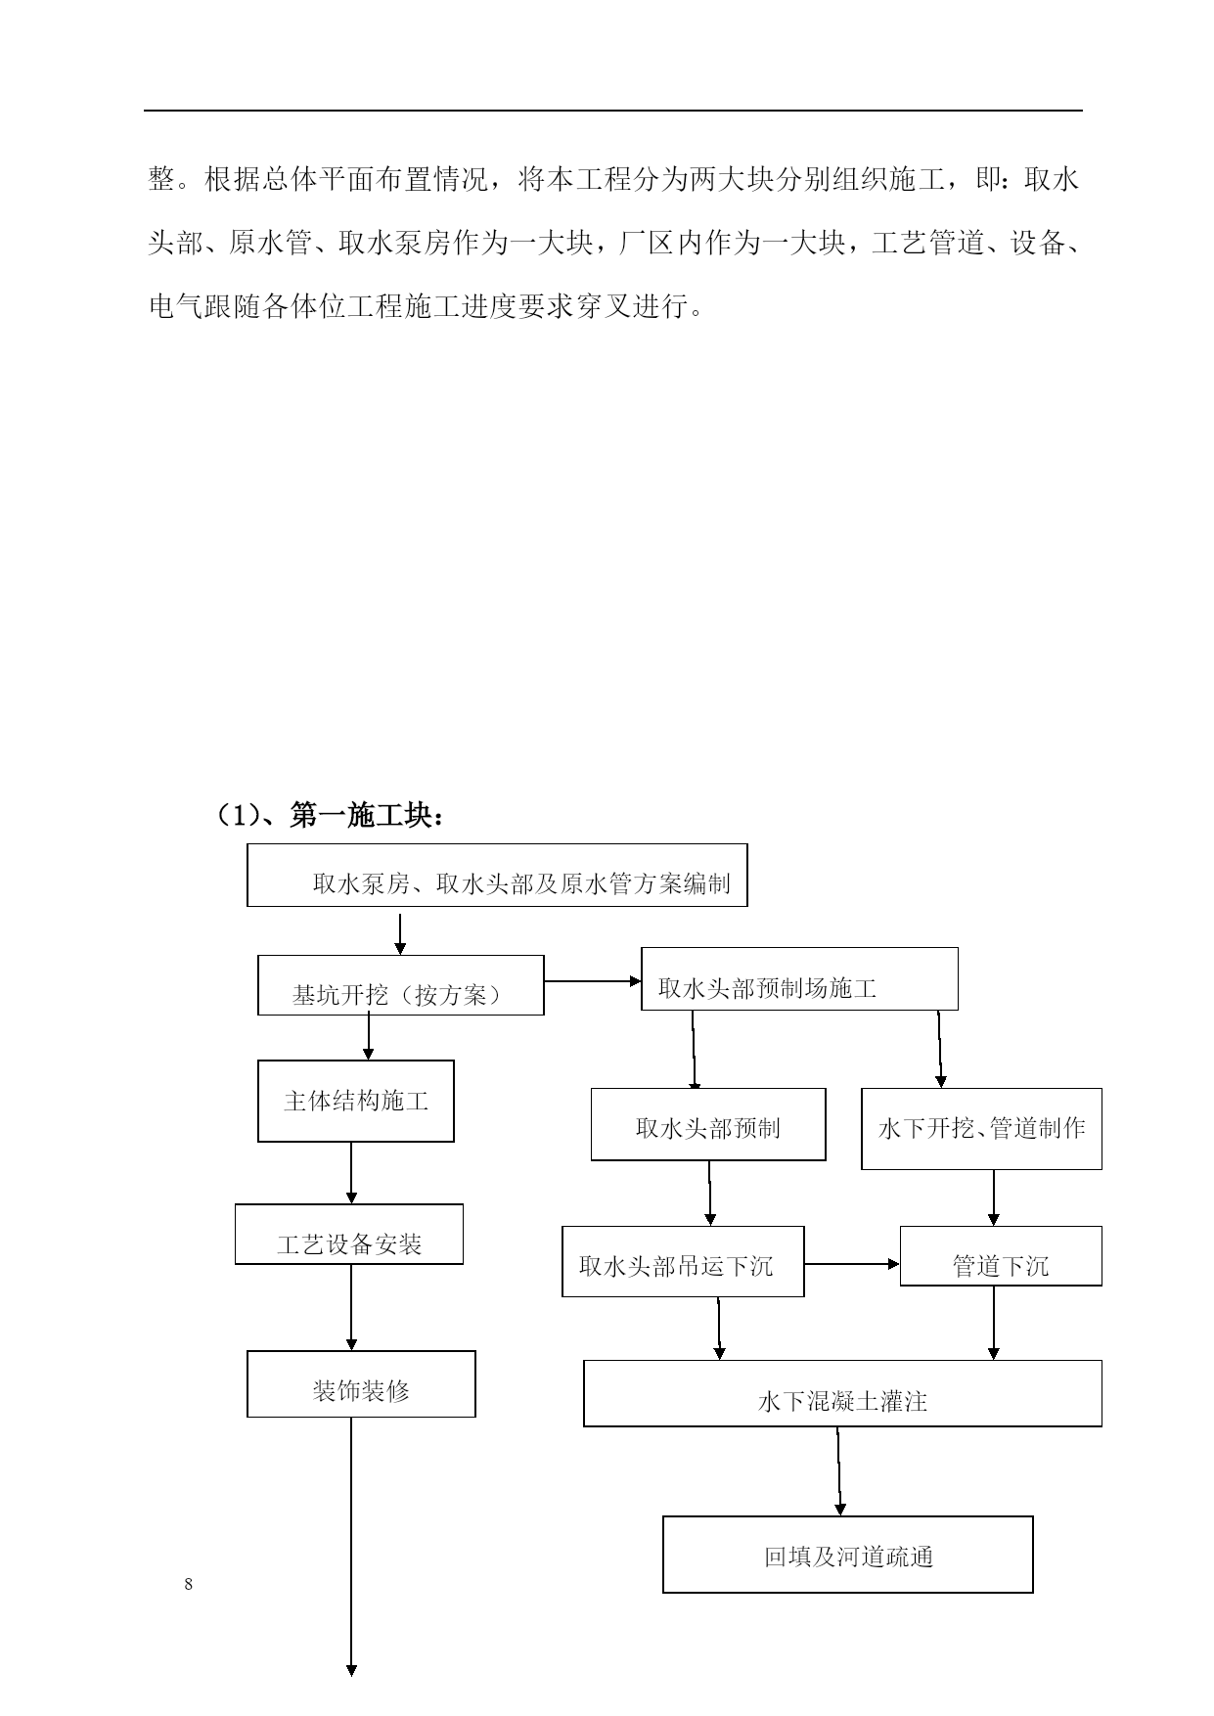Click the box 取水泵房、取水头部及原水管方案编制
pos(497,875)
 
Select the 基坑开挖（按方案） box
pos(401,985)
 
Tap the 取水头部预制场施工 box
pos(799,978)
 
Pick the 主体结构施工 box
pos(356,1101)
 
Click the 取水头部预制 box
pos(708,1124)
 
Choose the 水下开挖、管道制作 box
pos(981,1128)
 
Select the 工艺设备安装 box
pos(349,1234)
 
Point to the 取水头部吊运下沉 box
pos(683,1261)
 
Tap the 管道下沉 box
pos(1001,1256)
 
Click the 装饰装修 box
pos(361,1384)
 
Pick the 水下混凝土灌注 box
pos(843,1393)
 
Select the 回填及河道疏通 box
pos(848,1555)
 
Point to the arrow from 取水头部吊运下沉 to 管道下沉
pos(852,1264)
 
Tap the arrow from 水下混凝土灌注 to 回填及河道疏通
pos(839,1471)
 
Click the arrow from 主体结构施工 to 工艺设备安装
pos(351,1173)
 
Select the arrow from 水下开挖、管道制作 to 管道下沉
pos(994,1198)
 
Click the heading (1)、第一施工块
pos(330,815)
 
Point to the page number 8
pos(189,1585)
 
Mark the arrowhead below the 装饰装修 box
pos(351,1670)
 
